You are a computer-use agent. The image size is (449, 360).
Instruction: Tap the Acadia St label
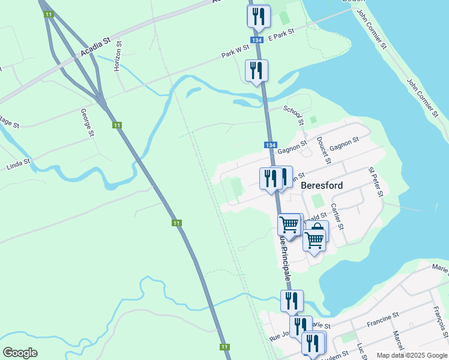coord(96,48)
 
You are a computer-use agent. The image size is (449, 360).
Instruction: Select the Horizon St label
coord(118,57)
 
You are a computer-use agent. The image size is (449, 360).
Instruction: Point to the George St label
coord(88,122)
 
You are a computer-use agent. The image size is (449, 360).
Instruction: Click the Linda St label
coord(18,163)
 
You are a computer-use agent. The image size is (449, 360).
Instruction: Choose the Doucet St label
coord(323,149)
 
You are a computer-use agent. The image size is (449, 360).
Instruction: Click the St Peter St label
coord(376,182)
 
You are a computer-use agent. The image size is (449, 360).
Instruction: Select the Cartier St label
coord(337,217)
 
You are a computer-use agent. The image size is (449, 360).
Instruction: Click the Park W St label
coord(235,53)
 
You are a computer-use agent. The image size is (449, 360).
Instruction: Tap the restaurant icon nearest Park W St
coord(257,71)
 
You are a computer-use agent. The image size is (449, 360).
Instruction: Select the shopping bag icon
coord(318,231)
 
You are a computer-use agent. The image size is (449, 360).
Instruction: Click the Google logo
coord(20,353)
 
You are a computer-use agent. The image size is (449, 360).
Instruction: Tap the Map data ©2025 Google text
coord(412,355)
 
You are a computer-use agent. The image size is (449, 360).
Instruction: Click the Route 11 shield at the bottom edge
coord(224,347)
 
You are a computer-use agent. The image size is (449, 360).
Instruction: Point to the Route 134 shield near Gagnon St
coord(270,145)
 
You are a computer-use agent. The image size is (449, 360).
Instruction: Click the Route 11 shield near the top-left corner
coord(47,15)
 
